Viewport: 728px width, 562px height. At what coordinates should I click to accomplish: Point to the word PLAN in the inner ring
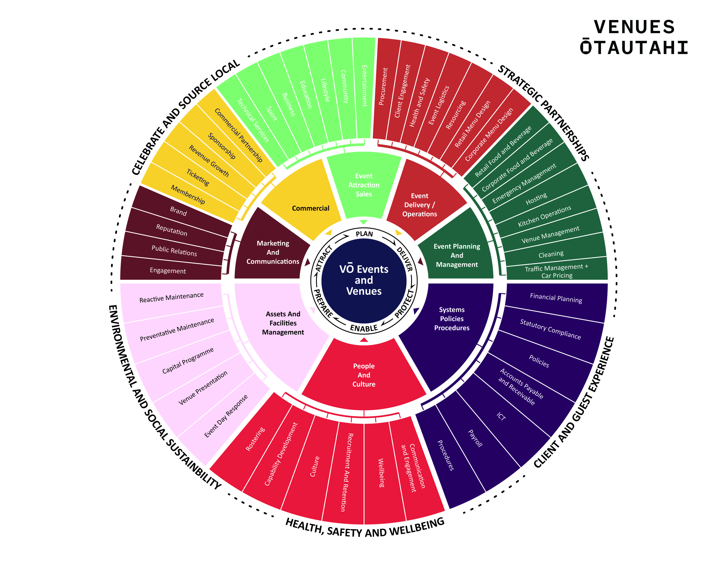point(364,234)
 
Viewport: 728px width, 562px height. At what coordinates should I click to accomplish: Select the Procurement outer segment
point(383,87)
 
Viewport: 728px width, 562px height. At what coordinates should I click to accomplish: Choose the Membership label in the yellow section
point(188,194)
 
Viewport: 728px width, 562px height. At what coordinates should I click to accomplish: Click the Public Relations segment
point(174,250)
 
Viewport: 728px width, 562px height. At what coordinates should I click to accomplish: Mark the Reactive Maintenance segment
point(171,297)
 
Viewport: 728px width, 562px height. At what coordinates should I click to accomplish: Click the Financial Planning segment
point(556,298)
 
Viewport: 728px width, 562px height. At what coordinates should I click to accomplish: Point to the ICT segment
point(501,416)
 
